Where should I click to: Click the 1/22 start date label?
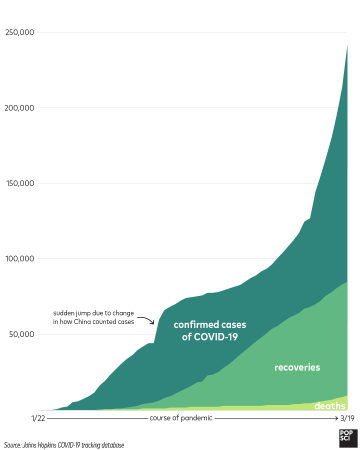pyautogui.click(x=37, y=418)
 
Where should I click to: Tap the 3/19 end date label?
pyautogui.click(x=340, y=418)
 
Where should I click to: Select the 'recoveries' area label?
pyautogui.click(x=297, y=367)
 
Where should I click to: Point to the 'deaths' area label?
pyautogui.click(x=329, y=406)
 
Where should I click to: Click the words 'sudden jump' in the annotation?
pyautogui.click(x=74, y=314)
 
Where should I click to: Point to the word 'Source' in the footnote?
pyautogui.click(x=15, y=443)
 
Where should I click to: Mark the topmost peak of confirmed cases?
pyautogui.click(x=346, y=44)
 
